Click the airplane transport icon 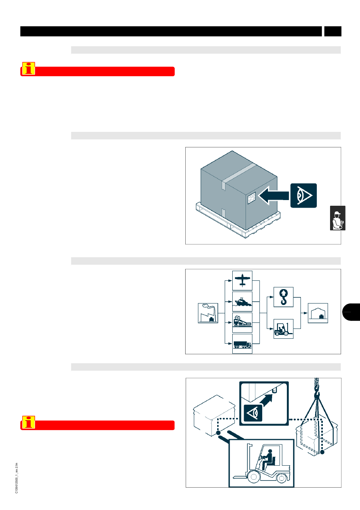[242, 280]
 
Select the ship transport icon [242, 302]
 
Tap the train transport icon [242, 322]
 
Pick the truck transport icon [242, 344]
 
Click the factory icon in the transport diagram [208, 313]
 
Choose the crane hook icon [283, 297]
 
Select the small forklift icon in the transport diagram [283, 329]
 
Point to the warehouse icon [318, 313]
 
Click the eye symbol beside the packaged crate [304, 196]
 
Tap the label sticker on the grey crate [252, 197]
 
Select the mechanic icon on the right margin [337, 219]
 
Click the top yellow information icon [28, 69]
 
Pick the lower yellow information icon [28, 422]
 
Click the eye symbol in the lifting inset [253, 413]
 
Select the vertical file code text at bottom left [16, 478]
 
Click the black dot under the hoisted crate [322, 452]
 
